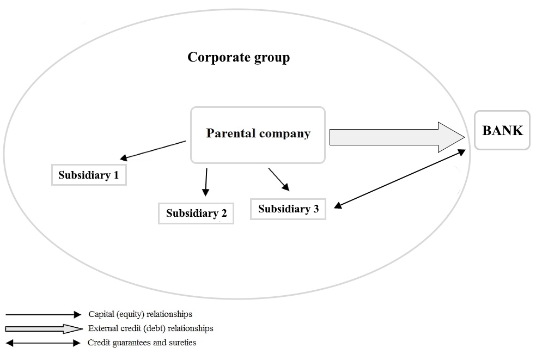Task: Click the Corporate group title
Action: pyautogui.click(x=239, y=57)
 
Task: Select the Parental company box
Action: pyautogui.click(x=258, y=135)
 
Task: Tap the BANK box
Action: pyautogui.click(x=502, y=131)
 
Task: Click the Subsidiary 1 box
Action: pyautogui.click(x=89, y=175)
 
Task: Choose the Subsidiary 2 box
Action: pyautogui.click(x=196, y=213)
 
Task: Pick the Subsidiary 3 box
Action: pyautogui.click(x=288, y=209)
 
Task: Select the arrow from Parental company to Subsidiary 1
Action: pyautogui.click(x=154, y=150)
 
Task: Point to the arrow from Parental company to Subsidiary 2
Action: pyautogui.click(x=206, y=181)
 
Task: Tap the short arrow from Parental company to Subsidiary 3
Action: pyautogui.click(x=278, y=179)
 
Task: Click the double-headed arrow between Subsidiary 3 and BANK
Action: pyautogui.click(x=400, y=178)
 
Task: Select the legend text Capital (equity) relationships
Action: pyautogui.click(x=140, y=314)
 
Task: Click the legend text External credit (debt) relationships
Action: pyautogui.click(x=150, y=328)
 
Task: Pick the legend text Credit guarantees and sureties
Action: pyautogui.click(x=142, y=343)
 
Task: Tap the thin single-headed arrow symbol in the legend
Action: pyautogui.click(x=44, y=315)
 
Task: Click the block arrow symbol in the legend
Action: pyautogui.click(x=44, y=329)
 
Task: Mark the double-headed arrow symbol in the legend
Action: pyautogui.click(x=44, y=343)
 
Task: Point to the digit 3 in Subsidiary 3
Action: pyautogui.click(x=316, y=209)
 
